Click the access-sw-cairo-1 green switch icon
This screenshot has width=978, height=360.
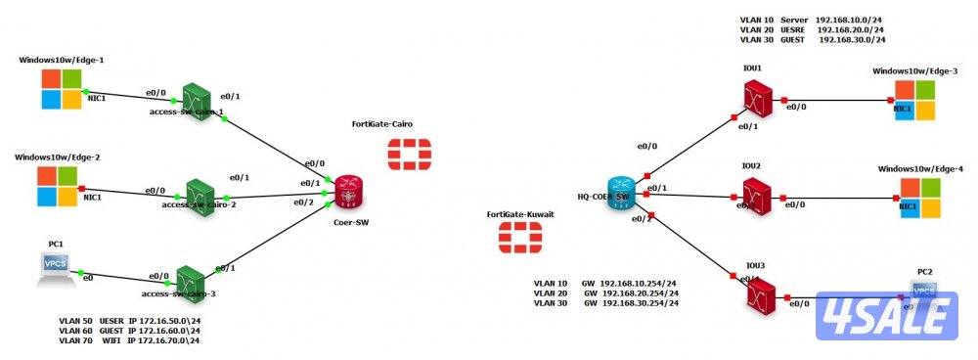[x=200, y=96]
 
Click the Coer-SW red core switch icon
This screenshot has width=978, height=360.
[x=348, y=193]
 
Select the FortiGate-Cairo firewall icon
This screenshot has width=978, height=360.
[x=401, y=153]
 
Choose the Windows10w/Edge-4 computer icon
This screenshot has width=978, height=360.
[x=921, y=198]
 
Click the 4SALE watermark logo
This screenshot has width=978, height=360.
[x=886, y=315]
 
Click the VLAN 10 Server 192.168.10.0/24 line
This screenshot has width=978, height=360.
[x=812, y=19]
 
